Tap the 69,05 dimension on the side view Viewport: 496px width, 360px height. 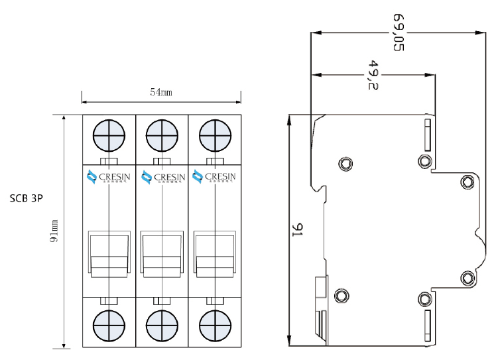tap(399, 31)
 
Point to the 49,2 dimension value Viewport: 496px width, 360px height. tap(373, 75)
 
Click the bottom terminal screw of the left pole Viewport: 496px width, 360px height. tap(109, 325)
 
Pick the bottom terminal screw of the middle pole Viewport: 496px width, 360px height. tap(161, 325)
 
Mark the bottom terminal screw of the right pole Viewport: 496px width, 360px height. tap(214, 325)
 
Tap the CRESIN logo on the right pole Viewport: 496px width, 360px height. tap(212, 177)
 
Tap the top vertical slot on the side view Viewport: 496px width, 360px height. tap(428, 132)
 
